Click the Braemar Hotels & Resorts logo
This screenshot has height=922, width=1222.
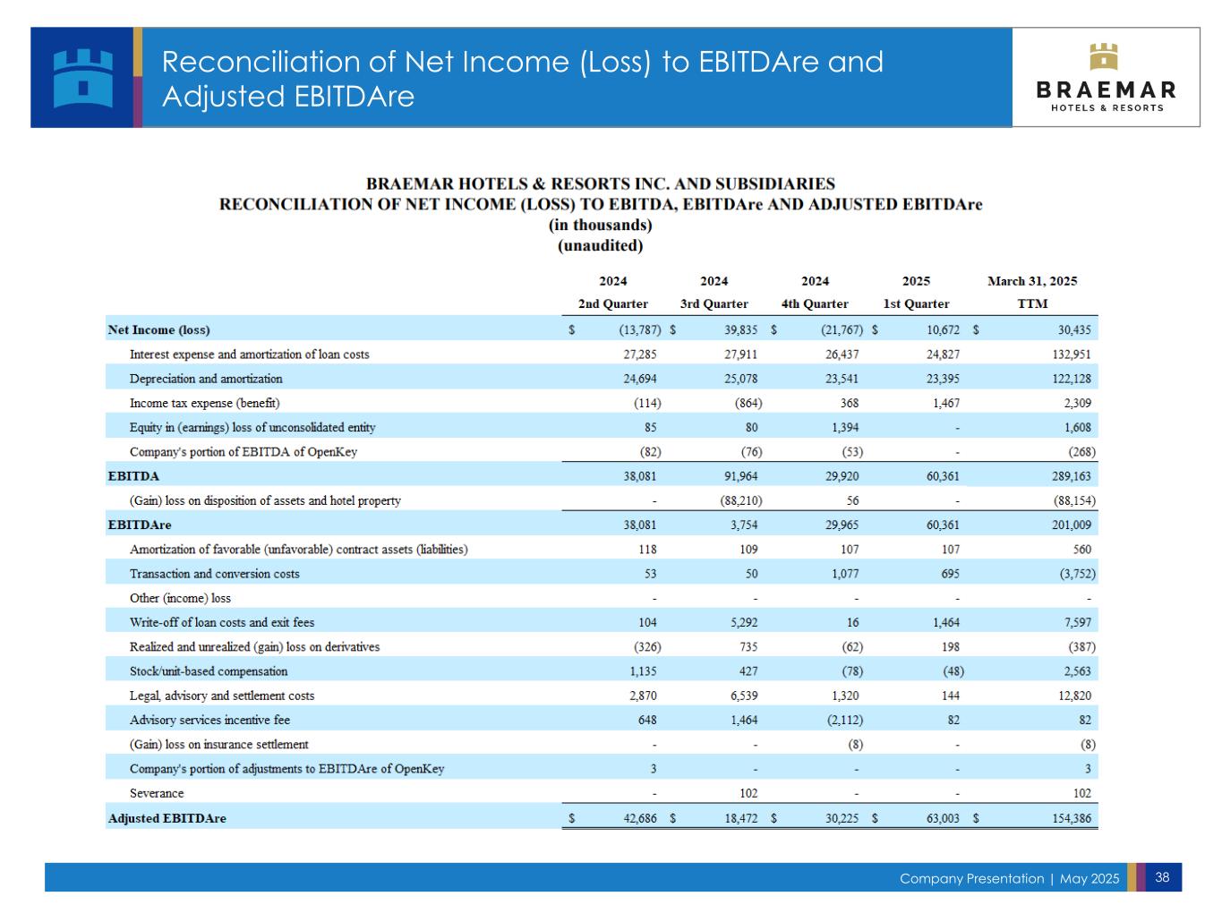pyautogui.click(x=1107, y=78)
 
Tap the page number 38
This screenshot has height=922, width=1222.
pyautogui.click(x=1162, y=877)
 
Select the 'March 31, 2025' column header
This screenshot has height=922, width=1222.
pyautogui.click(x=1032, y=281)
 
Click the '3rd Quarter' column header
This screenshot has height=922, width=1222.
pyautogui.click(x=714, y=303)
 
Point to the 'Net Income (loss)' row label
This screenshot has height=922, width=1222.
pyautogui.click(x=159, y=329)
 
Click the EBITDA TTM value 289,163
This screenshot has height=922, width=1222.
pyautogui.click(x=1070, y=476)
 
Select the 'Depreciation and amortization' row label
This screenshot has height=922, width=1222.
pyautogui.click(x=206, y=379)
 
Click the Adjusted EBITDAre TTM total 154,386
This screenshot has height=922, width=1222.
pyautogui.click(x=1070, y=818)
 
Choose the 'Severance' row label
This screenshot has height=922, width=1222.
pyautogui.click(x=157, y=793)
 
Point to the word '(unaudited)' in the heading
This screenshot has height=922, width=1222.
pyautogui.click(x=600, y=245)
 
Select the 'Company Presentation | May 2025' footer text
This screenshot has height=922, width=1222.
pyautogui.click(x=1009, y=878)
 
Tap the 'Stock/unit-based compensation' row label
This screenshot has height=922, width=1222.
pyautogui.click(x=209, y=671)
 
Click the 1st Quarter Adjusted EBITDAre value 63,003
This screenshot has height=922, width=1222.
pyautogui.click(x=943, y=818)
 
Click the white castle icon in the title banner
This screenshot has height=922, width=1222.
pyautogui.click(x=83, y=78)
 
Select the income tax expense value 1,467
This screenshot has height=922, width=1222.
pyautogui.click(x=945, y=403)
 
